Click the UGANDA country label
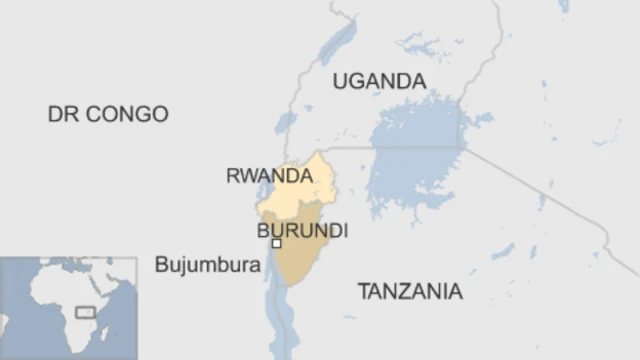click(379, 81)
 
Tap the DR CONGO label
click(108, 114)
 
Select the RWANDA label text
click(269, 176)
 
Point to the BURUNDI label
click(303, 231)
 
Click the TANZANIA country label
click(410, 292)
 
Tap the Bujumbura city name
click(208, 265)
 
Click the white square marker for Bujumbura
click(277, 243)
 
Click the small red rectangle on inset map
click(86, 313)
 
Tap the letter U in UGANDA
click(340, 81)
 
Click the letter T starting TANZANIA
click(364, 292)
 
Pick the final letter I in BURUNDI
click(345, 231)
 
